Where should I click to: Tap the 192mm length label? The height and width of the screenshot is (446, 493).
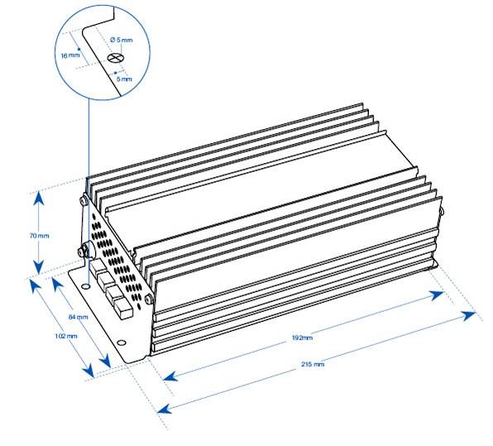coord(302,338)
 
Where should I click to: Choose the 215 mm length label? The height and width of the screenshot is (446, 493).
coord(314,365)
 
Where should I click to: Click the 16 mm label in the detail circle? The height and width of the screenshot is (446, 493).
coord(69,54)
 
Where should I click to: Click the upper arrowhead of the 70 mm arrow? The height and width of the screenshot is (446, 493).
coord(38,195)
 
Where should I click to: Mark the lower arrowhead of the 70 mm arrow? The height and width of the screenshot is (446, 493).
coord(38,271)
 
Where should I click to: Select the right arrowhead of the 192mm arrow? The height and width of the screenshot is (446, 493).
coord(445,294)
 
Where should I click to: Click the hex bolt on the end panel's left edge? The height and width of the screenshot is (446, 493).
coord(83,250)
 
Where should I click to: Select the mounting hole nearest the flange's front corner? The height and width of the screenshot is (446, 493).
coord(122,343)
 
